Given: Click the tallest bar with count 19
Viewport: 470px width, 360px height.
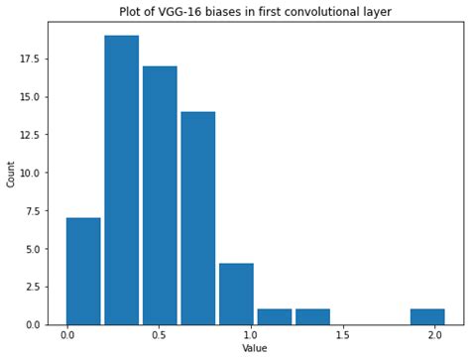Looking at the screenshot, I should (x=121, y=180).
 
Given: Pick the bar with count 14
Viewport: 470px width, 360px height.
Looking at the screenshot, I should (x=197, y=218).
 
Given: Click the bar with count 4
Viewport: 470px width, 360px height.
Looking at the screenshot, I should (x=236, y=294).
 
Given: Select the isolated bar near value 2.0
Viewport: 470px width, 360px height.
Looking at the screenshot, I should (x=427, y=316).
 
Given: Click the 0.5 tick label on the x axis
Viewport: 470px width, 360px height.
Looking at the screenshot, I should (x=160, y=335).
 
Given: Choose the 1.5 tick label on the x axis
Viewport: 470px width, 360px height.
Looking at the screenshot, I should (x=343, y=335).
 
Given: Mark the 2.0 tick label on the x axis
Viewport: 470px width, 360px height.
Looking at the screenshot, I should (x=435, y=335).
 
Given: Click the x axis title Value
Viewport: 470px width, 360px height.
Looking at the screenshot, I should (x=255, y=349).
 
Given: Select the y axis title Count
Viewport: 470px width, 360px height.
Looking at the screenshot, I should (x=11, y=176).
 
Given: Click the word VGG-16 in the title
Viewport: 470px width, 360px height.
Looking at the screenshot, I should (x=175, y=12).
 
